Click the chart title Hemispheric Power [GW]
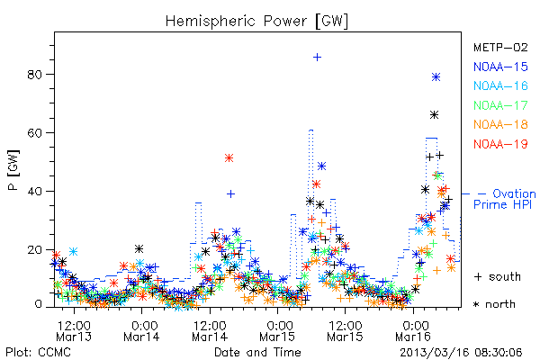(256, 22)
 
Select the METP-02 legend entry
(500, 47)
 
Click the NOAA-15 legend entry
(500, 67)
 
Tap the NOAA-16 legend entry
(500, 85)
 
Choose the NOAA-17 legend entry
(500, 105)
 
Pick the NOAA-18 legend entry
(500, 124)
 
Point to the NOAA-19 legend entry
(500, 144)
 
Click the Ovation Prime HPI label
(505, 199)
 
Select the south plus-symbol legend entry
(498, 276)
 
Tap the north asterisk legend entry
(494, 304)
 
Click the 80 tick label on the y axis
(34, 75)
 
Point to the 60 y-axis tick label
(34, 132)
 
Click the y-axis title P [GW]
(13, 170)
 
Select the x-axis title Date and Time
(257, 352)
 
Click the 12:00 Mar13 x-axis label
(74, 330)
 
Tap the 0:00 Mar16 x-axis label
(413, 330)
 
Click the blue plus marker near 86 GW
(317, 58)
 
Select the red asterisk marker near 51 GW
(229, 158)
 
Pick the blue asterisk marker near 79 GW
(436, 77)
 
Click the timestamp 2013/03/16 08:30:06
(461, 352)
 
